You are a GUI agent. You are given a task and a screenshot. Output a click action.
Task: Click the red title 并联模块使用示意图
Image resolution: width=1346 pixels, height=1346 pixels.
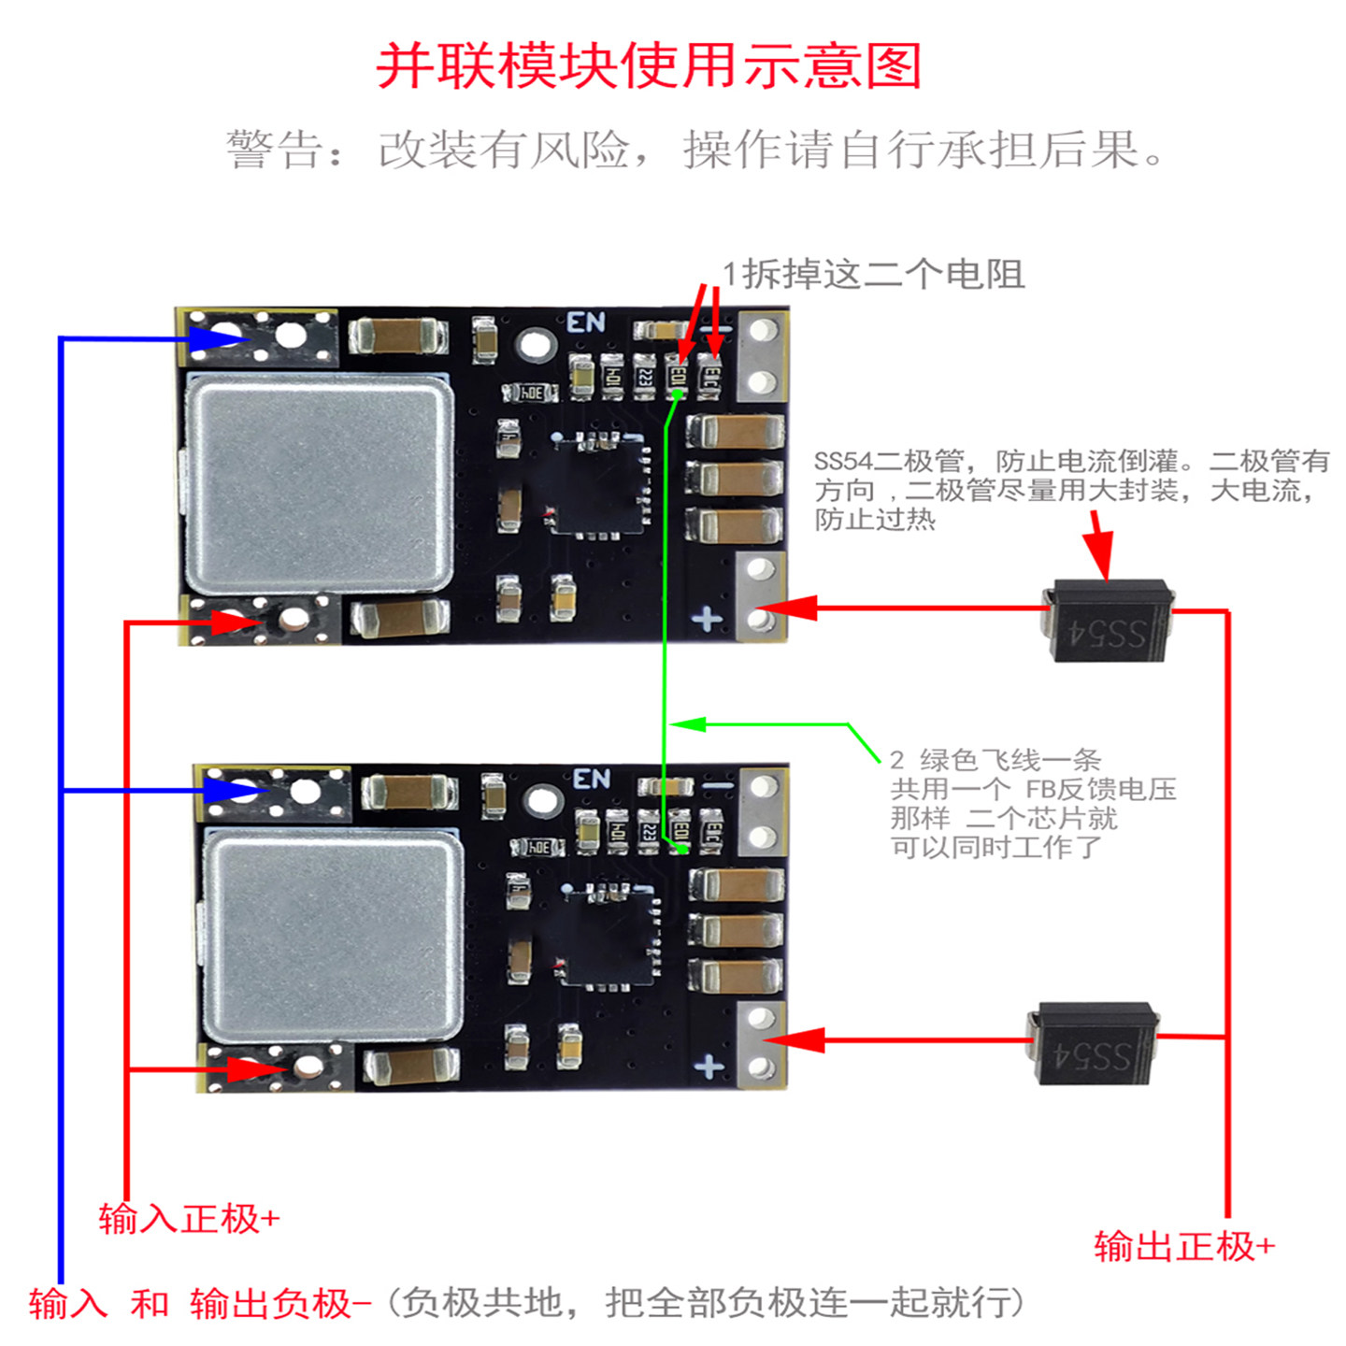coord(649,66)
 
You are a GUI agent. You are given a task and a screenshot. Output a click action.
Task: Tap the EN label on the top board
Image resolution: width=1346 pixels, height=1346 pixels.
coord(586,322)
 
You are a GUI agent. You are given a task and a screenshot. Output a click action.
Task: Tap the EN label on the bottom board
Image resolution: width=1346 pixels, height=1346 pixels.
coord(592,778)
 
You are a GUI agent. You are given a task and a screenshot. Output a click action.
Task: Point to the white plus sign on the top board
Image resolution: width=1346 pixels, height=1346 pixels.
coord(707,618)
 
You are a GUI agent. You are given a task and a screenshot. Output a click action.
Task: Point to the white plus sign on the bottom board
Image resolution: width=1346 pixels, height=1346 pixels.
coord(709,1066)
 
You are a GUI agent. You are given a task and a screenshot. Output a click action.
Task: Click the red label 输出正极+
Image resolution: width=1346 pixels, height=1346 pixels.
coord(1183,1246)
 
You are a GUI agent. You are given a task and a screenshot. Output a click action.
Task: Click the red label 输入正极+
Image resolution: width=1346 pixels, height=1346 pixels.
coord(189,1218)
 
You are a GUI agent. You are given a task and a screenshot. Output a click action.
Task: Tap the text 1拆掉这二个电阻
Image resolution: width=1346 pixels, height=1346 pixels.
coord(873,274)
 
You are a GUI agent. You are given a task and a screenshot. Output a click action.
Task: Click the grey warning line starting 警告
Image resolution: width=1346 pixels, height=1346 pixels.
coord(695,150)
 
